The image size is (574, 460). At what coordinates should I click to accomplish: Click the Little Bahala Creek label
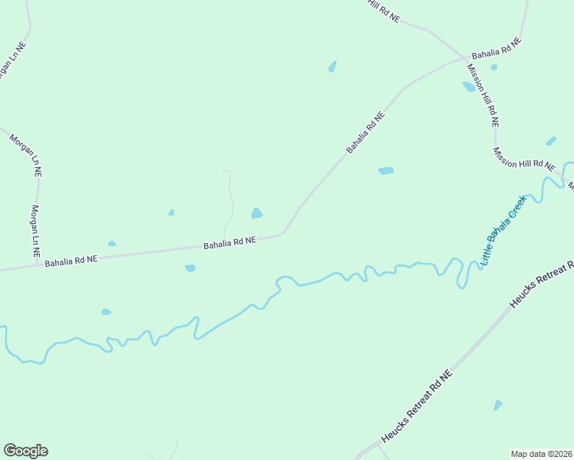point(504,230)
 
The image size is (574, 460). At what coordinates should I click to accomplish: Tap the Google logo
point(25,451)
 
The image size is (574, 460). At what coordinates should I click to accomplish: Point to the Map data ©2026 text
point(541,453)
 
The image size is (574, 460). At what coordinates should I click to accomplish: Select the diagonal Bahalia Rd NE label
point(365,131)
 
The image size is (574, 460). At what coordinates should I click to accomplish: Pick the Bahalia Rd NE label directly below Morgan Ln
point(71,261)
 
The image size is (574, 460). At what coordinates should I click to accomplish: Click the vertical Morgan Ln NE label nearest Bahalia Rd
point(35,230)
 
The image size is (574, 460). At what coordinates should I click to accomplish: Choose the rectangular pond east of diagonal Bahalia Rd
point(386,171)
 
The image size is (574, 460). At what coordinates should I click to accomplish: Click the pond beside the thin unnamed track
point(257,213)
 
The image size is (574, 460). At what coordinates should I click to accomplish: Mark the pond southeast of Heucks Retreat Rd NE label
point(498,405)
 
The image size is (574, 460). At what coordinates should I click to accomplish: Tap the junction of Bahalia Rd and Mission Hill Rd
point(465,58)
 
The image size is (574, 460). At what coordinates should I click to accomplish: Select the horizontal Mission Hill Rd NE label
point(524,158)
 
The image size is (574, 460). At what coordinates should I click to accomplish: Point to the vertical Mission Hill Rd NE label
point(483,94)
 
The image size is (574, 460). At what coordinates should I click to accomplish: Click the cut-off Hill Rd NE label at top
point(383,10)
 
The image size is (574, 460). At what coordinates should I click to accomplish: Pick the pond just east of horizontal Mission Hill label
point(551,141)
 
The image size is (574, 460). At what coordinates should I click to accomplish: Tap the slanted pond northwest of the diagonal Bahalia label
point(332,67)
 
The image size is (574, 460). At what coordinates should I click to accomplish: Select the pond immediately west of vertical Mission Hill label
point(468,87)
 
